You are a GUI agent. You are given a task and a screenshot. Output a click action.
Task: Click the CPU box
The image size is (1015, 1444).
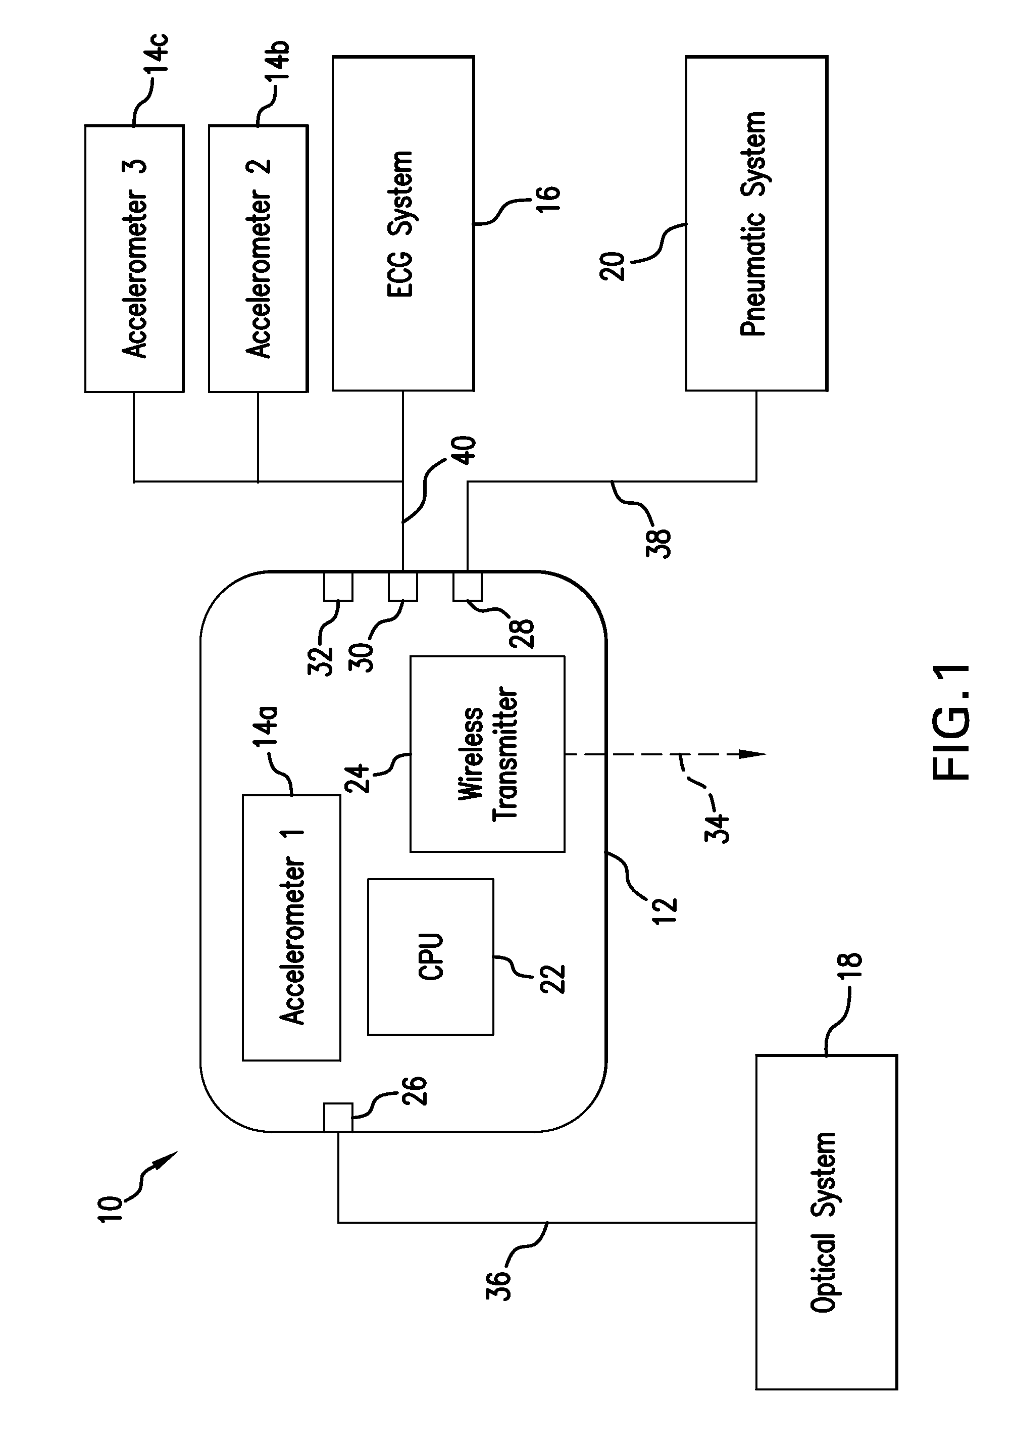[431, 956]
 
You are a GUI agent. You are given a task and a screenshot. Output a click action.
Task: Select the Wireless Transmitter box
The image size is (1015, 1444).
[487, 753]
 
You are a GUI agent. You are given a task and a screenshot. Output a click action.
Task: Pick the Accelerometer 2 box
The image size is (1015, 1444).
[259, 259]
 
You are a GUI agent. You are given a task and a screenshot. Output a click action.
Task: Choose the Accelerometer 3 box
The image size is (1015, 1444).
[134, 259]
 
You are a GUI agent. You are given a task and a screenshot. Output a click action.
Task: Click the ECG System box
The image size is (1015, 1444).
[403, 223]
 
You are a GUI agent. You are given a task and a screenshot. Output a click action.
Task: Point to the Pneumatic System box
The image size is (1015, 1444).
[756, 223]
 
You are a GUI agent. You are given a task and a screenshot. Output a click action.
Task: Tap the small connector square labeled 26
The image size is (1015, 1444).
[338, 1118]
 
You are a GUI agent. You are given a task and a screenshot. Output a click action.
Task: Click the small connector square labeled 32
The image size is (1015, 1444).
[338, 587]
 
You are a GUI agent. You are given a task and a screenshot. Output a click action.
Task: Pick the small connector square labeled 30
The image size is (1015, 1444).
[403, 587]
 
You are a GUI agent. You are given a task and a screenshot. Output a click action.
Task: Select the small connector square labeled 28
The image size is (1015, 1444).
[468, 587]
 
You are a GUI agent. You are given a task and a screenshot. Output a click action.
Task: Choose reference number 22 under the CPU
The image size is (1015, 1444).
[553, 979]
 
